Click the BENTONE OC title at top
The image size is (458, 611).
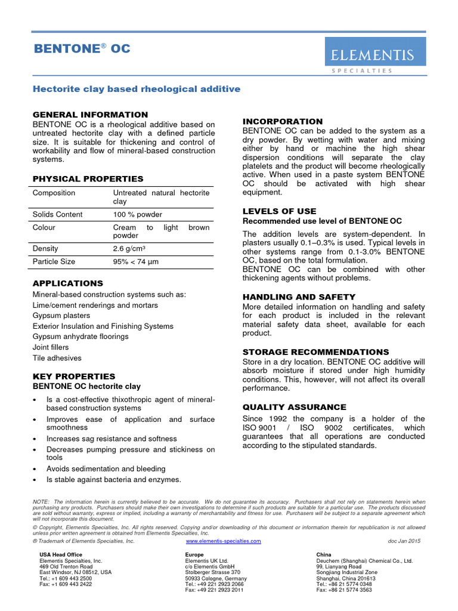(x=81, y=48)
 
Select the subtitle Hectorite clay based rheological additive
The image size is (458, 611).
(x=137, y=89)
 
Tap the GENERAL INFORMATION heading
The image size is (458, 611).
(x=90, y=115)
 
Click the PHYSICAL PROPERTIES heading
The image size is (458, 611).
(x=88, y=179)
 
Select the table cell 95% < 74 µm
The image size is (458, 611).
(x=136, y=261)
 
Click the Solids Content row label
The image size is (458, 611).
(x=58, y=214)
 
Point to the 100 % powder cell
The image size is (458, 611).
(x=137, y=214)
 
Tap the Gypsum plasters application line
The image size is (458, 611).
(x=61, y=316)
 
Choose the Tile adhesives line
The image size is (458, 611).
(x=57, y=358)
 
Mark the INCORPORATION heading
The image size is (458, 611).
(x=282, y=122)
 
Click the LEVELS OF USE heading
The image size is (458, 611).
(x=279, y=211)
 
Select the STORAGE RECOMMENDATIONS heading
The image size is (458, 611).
(x=315, y=352)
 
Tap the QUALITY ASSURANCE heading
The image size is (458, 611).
(x=294, y=407)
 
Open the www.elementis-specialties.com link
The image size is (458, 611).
(x=224, y=541)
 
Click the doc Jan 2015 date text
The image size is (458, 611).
(x=404, y=541)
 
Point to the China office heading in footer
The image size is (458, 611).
(x=324, y=555)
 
